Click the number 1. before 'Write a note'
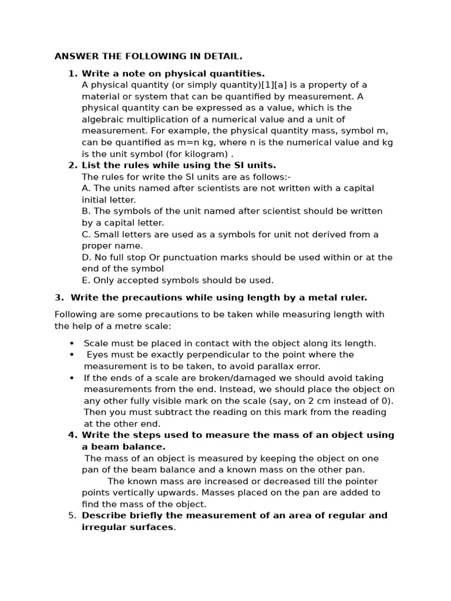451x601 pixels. coord(73,74)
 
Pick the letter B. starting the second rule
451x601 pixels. coord(86,211)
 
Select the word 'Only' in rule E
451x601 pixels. coord(103,280)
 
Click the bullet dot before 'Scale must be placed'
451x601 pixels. coord(72,343)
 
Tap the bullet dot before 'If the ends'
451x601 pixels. coord(72,378)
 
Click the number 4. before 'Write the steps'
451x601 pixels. coord(73,435)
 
